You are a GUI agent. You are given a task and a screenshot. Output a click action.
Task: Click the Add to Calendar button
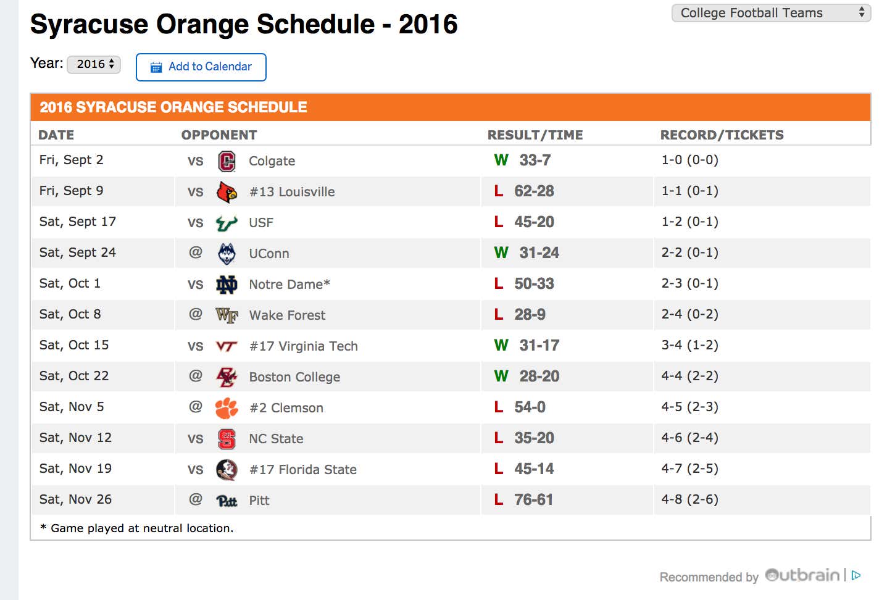(x=201, y=67)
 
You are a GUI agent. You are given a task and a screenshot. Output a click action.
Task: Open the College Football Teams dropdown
(x=771, y=13)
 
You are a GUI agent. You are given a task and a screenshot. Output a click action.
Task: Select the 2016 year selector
(x=94, y=64)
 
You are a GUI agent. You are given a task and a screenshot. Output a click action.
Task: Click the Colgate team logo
(x=227, y=161)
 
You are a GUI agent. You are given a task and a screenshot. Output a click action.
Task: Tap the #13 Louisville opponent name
(x=292, y=192)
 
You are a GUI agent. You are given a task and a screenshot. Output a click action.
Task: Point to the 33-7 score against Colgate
(x=535, y=160)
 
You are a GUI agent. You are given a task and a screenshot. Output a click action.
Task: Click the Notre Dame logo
(x=227, y=285)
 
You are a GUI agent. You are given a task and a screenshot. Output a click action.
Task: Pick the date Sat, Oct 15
(x=74, y=345)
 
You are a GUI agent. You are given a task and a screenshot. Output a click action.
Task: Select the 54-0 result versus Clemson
(x=530, y=407)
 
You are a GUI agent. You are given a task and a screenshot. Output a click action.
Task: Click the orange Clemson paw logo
(x=227, y=408)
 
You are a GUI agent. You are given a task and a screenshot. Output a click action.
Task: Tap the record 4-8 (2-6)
(x=690, y=499)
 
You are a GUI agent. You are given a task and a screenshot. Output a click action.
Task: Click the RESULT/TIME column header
(x=535, y=135)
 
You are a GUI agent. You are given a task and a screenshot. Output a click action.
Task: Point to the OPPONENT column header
(x=219, y=135)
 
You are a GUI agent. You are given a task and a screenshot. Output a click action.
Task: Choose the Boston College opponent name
(x=294, y=377)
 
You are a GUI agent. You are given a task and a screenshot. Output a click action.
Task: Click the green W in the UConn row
(x=501, y=253)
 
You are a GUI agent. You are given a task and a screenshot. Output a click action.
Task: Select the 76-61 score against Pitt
(x=534, y=500)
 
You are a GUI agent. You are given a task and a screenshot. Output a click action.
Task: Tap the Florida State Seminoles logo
(x=227, y=470)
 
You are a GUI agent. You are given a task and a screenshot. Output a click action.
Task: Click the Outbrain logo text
(x=802, y=575)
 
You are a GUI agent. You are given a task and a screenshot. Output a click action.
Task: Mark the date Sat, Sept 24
(x=78, y=252)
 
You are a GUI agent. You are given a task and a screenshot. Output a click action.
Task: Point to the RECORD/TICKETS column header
(x=722, y=135)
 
